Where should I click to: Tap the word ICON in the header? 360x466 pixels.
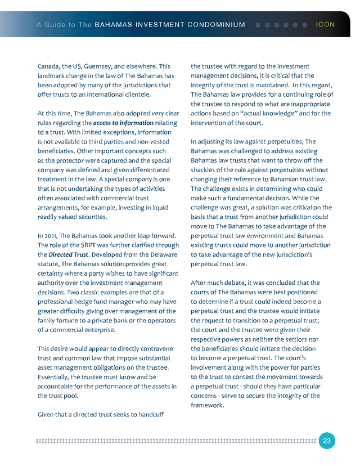point(326,25)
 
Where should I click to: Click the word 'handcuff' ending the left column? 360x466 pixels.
point(151,415)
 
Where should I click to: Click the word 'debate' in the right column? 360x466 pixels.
point(238,283)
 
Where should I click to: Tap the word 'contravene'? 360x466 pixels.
point(152,348)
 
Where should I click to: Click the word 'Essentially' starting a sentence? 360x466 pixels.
point(55,377)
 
